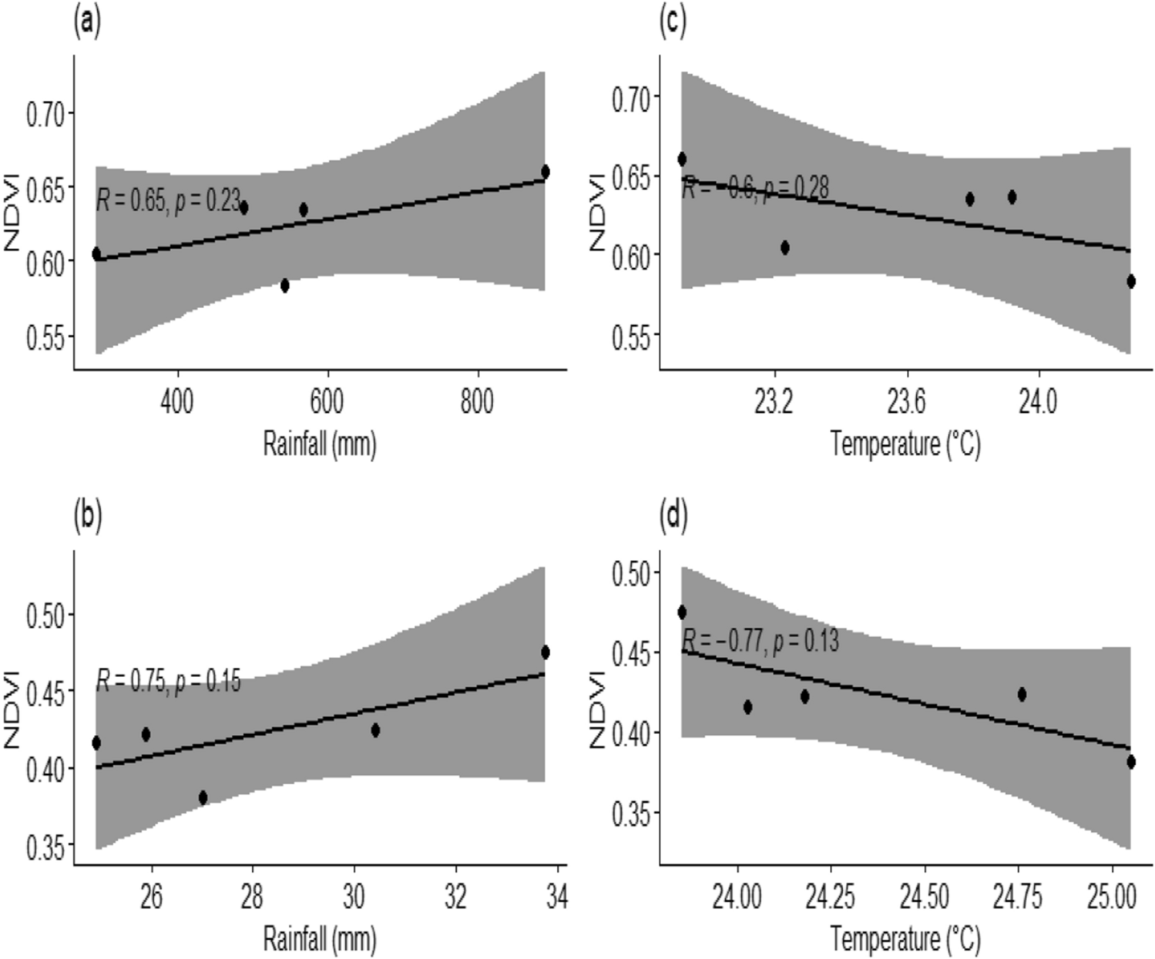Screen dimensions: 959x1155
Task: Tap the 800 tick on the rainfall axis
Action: [477, 402]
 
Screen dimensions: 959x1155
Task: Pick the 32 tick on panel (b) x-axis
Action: [456, 897]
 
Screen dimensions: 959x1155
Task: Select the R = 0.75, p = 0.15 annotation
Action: [168, 681]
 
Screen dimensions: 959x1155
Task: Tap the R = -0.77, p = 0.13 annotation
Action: [760, 641]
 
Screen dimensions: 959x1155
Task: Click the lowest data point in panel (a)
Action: [284, 286]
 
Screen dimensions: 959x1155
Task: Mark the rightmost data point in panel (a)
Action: [545, 171]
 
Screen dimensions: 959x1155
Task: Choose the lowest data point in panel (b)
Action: [203, 797]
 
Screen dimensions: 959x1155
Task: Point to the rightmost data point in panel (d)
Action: [1131, 762]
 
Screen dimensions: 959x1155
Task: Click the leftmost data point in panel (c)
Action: [682, 159]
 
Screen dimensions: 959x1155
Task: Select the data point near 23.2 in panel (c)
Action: [784, 247]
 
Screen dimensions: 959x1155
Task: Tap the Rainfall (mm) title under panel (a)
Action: [320, 444]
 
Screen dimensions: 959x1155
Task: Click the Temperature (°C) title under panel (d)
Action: [905, 939]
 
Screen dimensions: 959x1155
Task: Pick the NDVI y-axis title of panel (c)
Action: [598, 212]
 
